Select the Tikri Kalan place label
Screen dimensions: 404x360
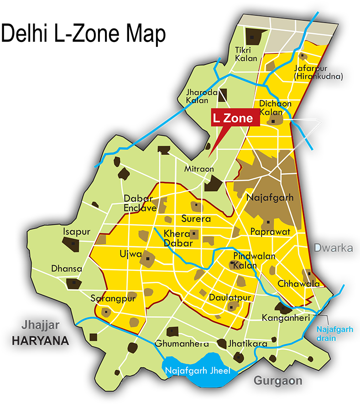(x=246, y=54)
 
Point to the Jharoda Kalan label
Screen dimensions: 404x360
(x=198, y=96)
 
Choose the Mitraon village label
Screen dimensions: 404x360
(x=199, y=169)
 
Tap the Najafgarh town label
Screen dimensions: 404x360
(x=270, y=198)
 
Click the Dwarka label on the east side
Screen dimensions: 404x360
(x=333, y=248)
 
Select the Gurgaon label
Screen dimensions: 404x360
(x=278, y=380)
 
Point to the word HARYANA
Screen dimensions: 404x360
(x=40, y=341)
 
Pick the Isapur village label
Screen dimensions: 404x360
(x=77, y=232)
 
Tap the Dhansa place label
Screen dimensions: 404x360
(x=67, y=269)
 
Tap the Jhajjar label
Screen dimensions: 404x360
(x=41, y=325)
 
